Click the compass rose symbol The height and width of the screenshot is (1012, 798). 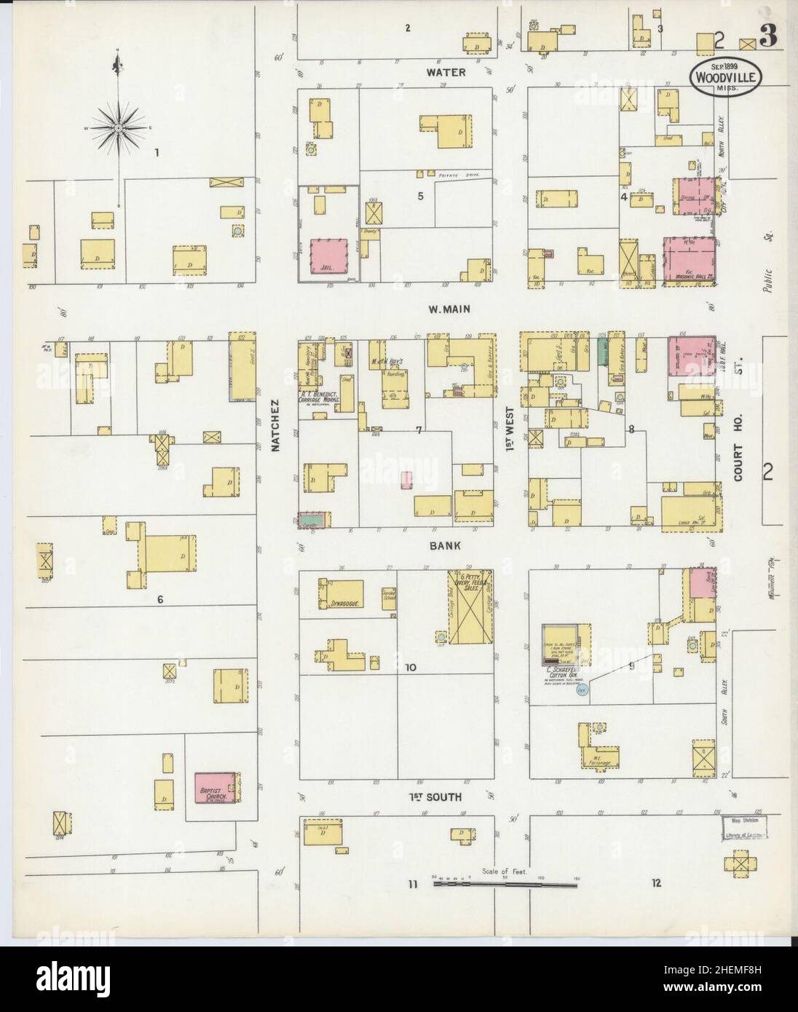pyautogui.click(x=116, y=129)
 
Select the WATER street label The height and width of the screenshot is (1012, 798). pyautogui.click(x=446, y=73)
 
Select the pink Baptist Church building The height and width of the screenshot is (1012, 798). pyautogui.click(x=216, y=788)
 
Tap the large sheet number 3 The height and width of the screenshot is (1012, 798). pyautogui.click(x=768, y=39)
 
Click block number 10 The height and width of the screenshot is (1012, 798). pyautogui.click(x=411, y=667)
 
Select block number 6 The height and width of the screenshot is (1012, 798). pyautogui.click(x=159, y=599)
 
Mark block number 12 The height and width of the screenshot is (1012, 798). pyautogui.click(x=657, y=884)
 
